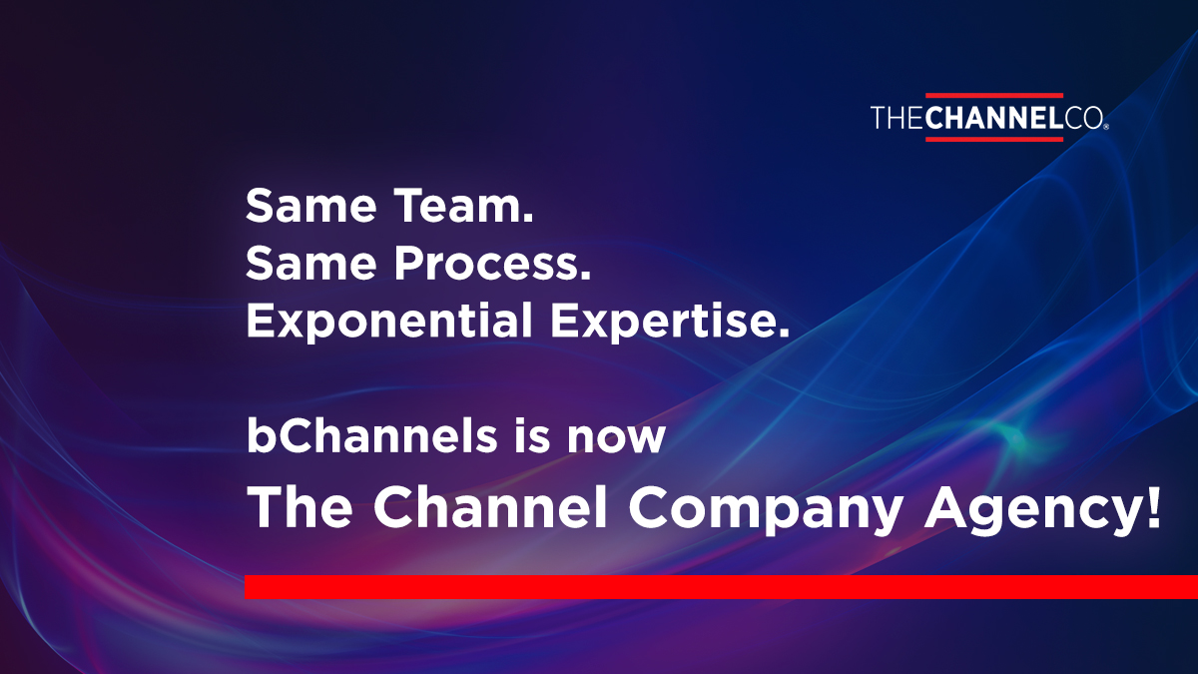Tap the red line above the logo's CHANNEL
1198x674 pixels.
[993, 96]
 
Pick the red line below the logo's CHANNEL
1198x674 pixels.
[993, 139]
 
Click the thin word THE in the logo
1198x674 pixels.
[897, 118]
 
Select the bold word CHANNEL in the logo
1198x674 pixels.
[992, 118]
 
